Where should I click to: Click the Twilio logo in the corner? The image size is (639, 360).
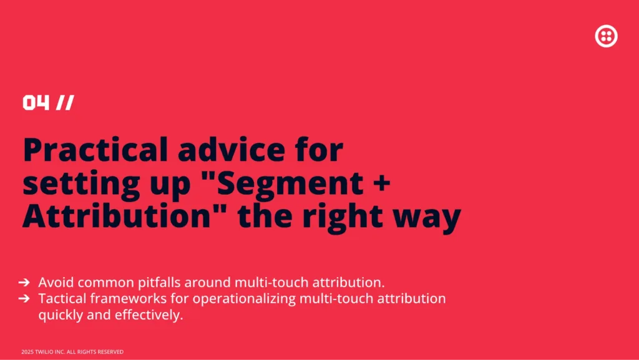(606, 36)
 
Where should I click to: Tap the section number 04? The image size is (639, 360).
(36, 102)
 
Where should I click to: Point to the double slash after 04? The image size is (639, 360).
(65, 102)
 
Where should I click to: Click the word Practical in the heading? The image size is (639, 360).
(95, 150)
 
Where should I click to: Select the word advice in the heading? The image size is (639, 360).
(232, 150)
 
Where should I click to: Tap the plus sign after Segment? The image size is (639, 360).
(381, 183)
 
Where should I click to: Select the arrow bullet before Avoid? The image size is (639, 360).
(24, 282)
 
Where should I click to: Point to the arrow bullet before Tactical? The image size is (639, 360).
(24, 298)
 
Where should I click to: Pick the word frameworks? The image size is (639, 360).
(129, 298)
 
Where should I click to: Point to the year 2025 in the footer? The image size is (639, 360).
(27, 352)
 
